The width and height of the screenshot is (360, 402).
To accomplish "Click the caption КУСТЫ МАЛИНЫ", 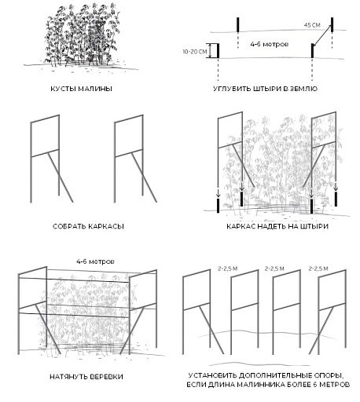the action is coord(81,89).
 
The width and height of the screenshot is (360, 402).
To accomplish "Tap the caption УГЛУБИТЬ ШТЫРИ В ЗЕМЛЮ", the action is coord(265,89).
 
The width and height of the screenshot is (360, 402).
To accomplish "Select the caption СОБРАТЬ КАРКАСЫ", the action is coord(88,226).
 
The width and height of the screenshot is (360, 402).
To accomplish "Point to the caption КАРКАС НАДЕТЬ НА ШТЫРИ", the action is coord(277,226).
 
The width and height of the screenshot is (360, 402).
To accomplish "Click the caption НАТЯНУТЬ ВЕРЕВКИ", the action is coord(86,377).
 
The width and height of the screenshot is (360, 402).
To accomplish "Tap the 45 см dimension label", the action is coord(312,25).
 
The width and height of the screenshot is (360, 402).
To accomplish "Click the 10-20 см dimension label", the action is coord(195,52).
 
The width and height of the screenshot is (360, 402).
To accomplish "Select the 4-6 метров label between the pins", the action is coord(270,44).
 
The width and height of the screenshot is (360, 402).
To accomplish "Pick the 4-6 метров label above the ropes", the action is coord(95,261).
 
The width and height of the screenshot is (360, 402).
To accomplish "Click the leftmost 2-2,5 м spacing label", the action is coord(228,269).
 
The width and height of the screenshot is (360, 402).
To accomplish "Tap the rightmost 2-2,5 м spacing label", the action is coord(318,269).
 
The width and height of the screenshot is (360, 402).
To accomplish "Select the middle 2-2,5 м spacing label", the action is coord(274,269).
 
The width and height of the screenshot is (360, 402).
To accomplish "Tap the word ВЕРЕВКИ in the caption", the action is coord(106,377).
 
